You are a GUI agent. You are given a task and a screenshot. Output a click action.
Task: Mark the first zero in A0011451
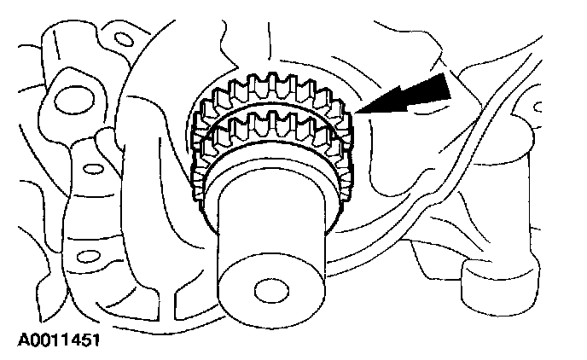click(x=23, y=341)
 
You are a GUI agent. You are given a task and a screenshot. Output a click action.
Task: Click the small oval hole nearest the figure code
click(x=83, y=256)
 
